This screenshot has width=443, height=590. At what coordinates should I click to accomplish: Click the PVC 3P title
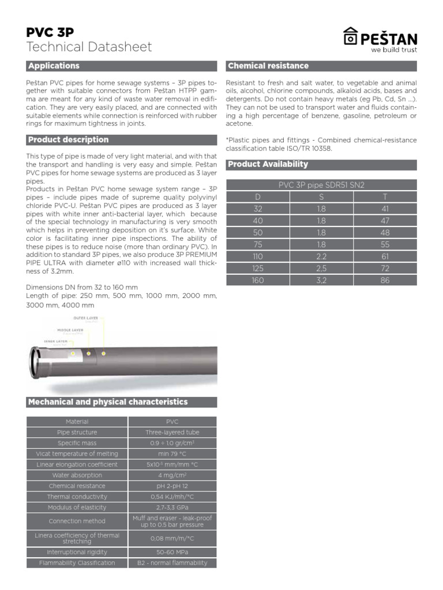(x=50, y=32)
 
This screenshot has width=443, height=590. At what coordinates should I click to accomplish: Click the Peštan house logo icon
(x=350, y=37)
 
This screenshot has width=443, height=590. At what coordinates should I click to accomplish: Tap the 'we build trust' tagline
(x=393, y=50)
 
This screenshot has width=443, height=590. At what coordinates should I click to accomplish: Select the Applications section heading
(x=54, y=66)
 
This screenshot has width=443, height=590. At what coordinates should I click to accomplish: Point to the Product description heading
(x=68, y=139)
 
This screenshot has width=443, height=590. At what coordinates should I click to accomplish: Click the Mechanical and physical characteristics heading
(x=108, y=402)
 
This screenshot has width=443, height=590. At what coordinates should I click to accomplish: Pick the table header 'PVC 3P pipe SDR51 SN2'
(x=321, y=185)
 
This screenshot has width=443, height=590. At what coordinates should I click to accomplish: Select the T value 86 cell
(x=385, y=280)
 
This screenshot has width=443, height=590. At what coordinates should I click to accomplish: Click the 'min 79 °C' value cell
(x=172, y=454)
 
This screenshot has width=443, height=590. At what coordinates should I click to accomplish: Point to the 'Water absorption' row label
(x=77, y=475)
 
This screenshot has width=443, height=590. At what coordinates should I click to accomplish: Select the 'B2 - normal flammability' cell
(x=172, y=563)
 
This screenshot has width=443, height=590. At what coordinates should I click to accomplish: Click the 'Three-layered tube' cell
(x=172, y=432)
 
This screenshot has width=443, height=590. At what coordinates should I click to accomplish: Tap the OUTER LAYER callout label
(x=86, y=318)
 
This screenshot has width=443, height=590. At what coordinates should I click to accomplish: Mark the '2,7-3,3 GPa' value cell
(x=172, y=508)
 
